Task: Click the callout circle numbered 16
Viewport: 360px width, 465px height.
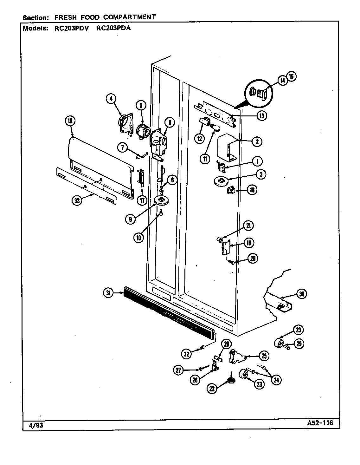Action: pyautogui.click(x=70, y=121)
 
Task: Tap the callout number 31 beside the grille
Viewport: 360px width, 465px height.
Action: pyautogui.click(x=108, y=293)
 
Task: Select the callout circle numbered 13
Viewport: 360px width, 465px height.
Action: pyautogui.click(x=262, y=116)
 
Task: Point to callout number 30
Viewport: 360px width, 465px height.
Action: pyautogui.click(x=302, y=294)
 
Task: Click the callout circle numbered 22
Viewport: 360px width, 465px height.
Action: pyautogui.click(x=212, y=389)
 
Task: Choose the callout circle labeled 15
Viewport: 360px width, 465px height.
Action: pyautogui.click(x=291, y=76)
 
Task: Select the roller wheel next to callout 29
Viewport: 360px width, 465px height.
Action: pyautogui.click(x=279, y=343)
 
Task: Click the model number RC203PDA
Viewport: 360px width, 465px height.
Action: pyautogui.click(x=113, y=28)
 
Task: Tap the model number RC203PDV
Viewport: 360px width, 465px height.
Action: pyautogui.click(x=71, y=28)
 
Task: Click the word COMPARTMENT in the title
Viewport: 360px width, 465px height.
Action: pyautogui.click(x=130, y=17)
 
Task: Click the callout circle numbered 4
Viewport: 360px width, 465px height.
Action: pyautogui.click(x=111, y=99)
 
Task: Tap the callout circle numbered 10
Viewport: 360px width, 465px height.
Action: pyautogui.click(x=139, y=238)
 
